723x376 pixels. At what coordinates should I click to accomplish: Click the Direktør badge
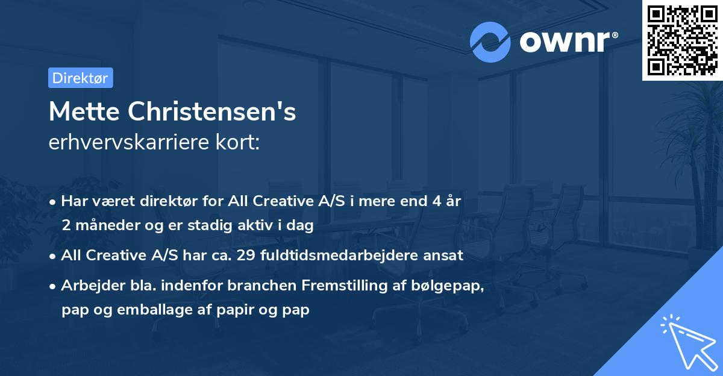(80, 78)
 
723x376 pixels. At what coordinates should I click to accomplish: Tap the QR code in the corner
(682, 40)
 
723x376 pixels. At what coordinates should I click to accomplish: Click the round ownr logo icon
(490, 42)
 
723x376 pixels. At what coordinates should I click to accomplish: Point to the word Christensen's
(210, 112)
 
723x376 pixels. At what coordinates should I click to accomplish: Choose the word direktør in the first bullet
(170, 201)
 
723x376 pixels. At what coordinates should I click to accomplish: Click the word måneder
(102, 225)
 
